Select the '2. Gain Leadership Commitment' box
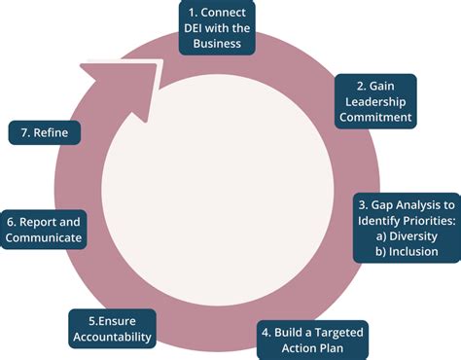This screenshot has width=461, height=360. tap(374, 100)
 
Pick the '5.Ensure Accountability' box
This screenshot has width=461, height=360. tap(112, 329)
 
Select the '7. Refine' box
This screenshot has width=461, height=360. tap(45, 131)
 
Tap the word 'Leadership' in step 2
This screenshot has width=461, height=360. tap(375, 100)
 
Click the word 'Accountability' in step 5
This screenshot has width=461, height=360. tap(112, 338)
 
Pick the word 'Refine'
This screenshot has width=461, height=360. tap(51, 131)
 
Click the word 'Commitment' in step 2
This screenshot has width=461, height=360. tap(375, 118)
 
